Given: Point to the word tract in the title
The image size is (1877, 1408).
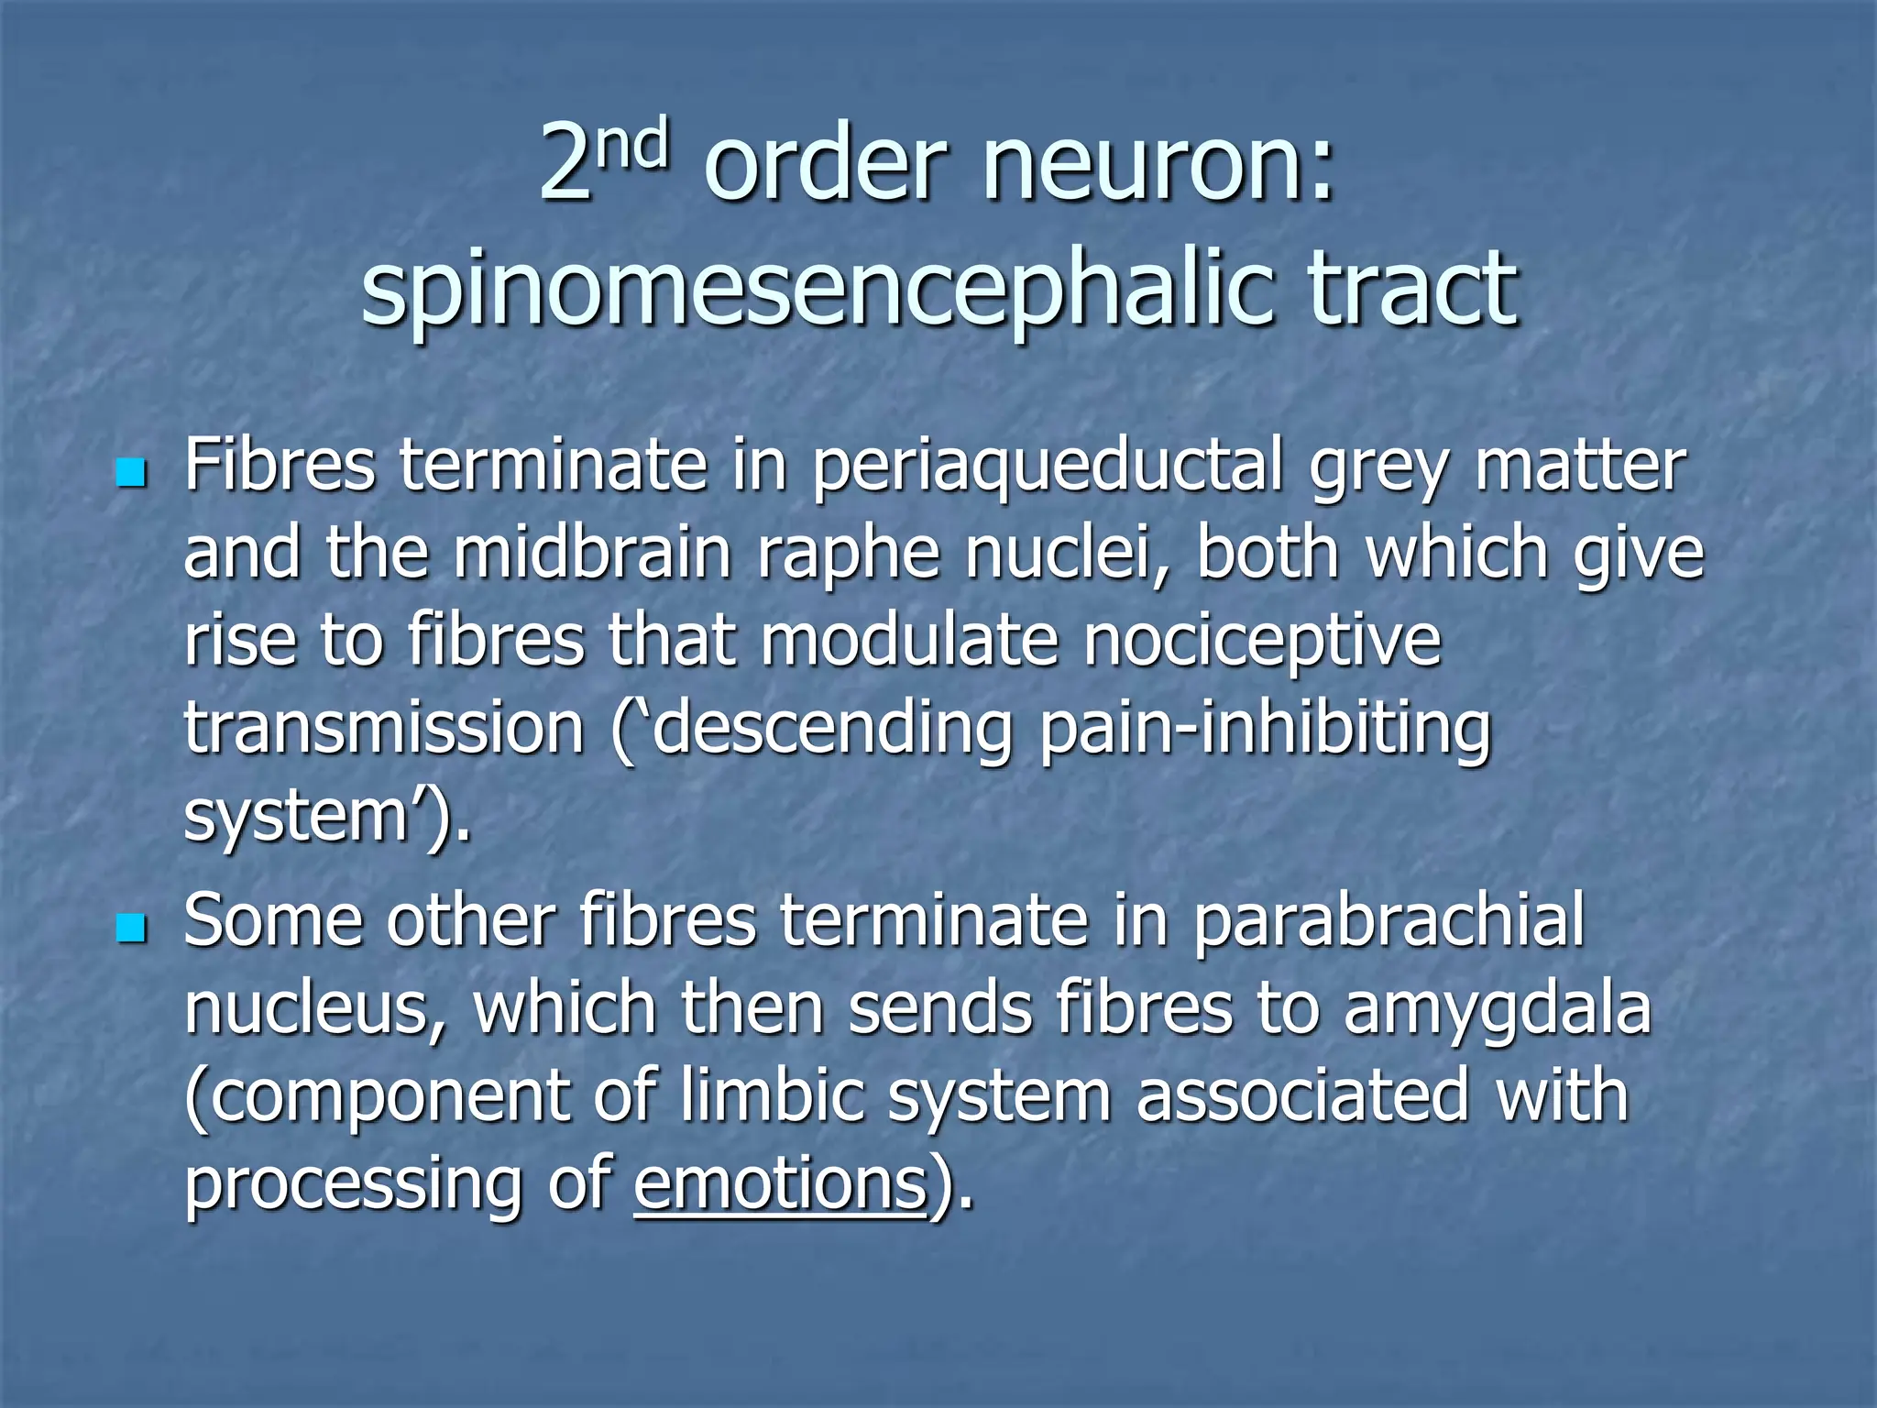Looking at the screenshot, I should tap(1412, 288).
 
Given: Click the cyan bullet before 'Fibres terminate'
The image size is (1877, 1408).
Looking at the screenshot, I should tap(132, 474).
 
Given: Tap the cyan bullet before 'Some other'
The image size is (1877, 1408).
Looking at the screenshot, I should tap(132, 929).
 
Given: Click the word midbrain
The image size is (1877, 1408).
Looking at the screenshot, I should tap(592, 554).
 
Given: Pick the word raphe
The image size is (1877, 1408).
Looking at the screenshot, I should tap(849, 555).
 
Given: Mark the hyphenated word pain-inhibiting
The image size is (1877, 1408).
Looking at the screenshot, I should tap(1266, 729).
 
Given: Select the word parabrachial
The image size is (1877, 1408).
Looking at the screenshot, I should tap(1389, 921).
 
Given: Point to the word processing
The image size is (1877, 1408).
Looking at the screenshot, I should tap(354, 1185).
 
